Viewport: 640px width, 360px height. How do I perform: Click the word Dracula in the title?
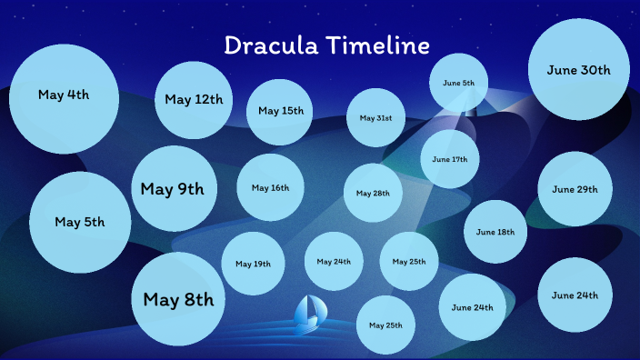[x=271, y=46]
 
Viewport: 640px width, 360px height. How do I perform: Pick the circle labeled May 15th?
[x=280, y=112]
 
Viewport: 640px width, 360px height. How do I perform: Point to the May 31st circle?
[x=375, y=118]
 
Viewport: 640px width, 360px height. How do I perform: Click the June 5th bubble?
[x=458, y=84]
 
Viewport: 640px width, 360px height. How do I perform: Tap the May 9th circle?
[x=174, y=188]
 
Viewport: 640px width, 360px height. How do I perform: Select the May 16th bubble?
[x=270, y=188]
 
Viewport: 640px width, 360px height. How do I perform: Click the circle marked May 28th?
[x=373, y=194]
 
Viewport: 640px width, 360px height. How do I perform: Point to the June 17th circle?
[x=449, y=159]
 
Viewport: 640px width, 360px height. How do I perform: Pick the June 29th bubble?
[x=575, y=189]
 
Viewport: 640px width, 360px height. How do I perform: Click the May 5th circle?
[x=80, y=223]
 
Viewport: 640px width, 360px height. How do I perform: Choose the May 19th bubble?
[x=253, y=264]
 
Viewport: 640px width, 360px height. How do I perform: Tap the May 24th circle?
[x=334, y=262]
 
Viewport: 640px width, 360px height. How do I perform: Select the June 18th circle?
[x=495, y=232]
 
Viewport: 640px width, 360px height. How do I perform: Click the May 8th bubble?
[x=178, y=300]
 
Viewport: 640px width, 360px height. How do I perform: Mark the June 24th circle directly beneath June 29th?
[x=575, y=295]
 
